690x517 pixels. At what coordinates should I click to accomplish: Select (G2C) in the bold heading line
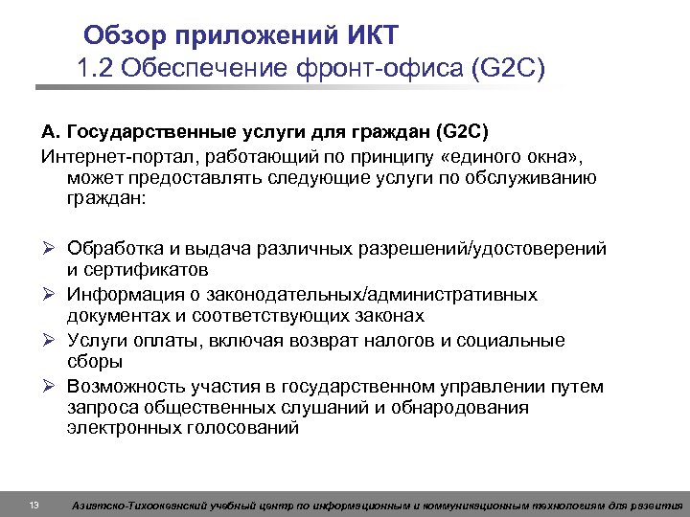point(467,131)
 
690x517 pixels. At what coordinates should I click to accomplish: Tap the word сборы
point(94,362)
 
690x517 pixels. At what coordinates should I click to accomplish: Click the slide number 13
point(34,505)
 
